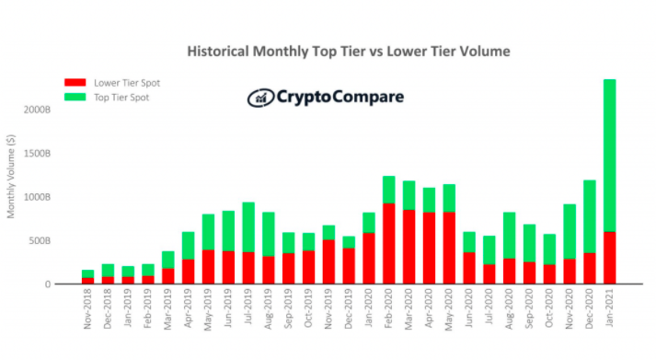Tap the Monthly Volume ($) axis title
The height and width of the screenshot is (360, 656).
(x=11, y=176)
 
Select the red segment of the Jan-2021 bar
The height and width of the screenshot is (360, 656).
(x=609, y=258)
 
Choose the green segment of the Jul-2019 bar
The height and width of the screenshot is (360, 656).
(x=248, y=226)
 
